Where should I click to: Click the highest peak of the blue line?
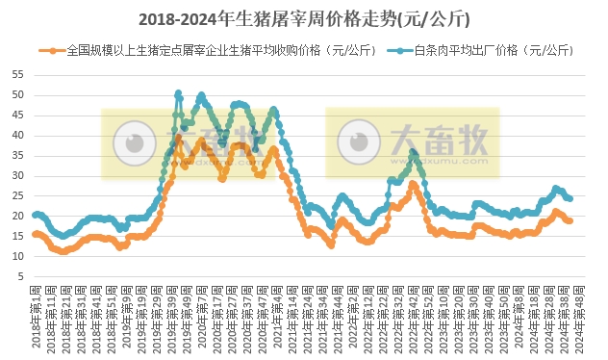(179, 93)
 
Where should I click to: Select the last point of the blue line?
(571, 199)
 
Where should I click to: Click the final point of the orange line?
(571, 221)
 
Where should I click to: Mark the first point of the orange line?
(35, 234)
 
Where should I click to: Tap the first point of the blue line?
(35, 215)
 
